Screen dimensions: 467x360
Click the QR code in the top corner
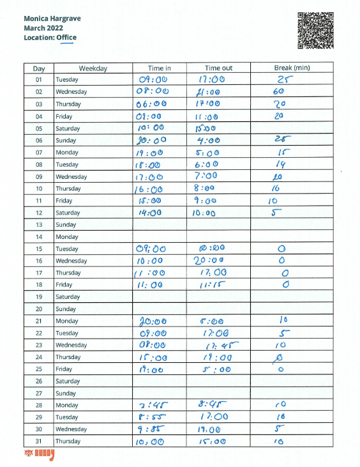coord(316,30)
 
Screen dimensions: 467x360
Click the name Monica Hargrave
coord(52,19)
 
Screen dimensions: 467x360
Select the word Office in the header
coord(66,38)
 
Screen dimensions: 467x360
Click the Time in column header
coord(159,68)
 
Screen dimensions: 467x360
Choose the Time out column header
coord(218,68)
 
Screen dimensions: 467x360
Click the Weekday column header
coord(93,68)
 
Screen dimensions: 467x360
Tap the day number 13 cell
coord(39,225)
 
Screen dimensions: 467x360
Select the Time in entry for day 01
coord(153,80)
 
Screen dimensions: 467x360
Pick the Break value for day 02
coord(279,92)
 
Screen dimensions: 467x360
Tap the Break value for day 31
coord(278,441)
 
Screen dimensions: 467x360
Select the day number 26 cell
coord(39,381)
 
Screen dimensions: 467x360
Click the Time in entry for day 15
coord(152,249)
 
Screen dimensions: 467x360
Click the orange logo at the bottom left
coord(38,455)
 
